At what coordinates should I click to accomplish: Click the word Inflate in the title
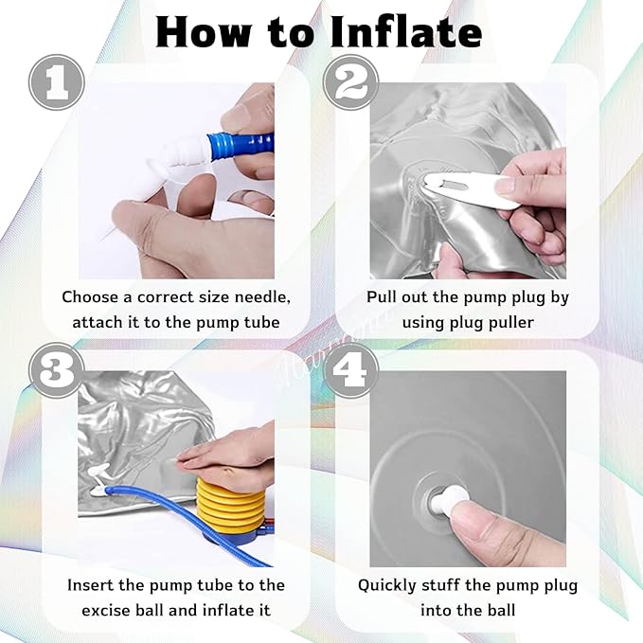[405, 32]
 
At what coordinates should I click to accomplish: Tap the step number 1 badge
[57, 82]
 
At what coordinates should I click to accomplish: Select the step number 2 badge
[351, 82]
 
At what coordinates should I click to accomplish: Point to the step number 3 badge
[57, 370]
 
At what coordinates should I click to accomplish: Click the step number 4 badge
[351, 370]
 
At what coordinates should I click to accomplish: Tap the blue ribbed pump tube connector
[241, 145]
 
